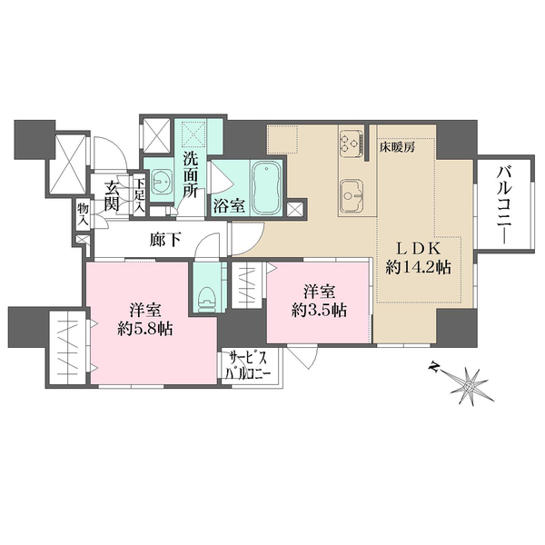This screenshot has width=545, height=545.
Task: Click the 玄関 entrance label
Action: [113, 196]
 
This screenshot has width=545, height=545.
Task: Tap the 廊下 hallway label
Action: [165, 240]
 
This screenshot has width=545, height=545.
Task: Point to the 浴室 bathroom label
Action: [229, 206]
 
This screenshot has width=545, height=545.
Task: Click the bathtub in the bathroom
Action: [266, 188]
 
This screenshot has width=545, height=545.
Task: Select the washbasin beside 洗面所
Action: [160, 180]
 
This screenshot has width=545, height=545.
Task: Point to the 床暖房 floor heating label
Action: [397, 148]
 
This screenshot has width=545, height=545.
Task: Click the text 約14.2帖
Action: [418, 268]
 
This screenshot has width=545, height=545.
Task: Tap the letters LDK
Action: [419, 249]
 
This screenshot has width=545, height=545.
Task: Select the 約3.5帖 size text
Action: [319, 310]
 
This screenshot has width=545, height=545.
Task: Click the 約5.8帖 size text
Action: [145, 329]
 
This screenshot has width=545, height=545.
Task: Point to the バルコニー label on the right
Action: [505, 206]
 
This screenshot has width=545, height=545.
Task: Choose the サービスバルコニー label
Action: [248, 366]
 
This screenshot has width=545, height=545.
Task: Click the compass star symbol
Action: [469, 387]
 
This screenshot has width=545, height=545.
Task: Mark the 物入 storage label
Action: [83, 213]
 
